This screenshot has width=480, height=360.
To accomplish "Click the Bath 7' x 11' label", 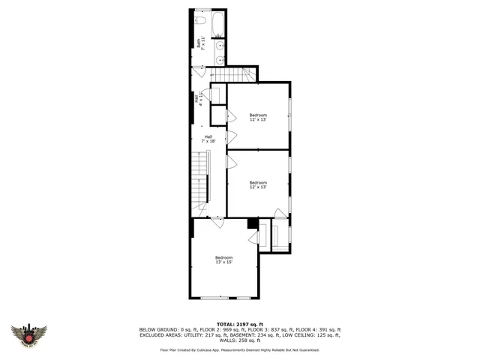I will (200, 44).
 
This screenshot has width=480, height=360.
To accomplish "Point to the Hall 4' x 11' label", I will (197, 98).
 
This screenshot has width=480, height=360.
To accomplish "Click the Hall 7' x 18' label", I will (208, 139).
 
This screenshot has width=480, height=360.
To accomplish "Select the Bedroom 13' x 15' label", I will (223, 260).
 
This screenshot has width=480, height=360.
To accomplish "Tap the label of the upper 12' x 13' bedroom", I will (258, 117).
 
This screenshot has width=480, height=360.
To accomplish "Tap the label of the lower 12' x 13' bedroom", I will (258, 184).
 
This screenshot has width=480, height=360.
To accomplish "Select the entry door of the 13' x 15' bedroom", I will (216, 223).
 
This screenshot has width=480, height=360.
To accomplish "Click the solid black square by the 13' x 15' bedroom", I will (253, 223).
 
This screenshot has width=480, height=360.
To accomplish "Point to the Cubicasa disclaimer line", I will (239, 349).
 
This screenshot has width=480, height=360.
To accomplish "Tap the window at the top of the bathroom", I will (202, 10).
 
